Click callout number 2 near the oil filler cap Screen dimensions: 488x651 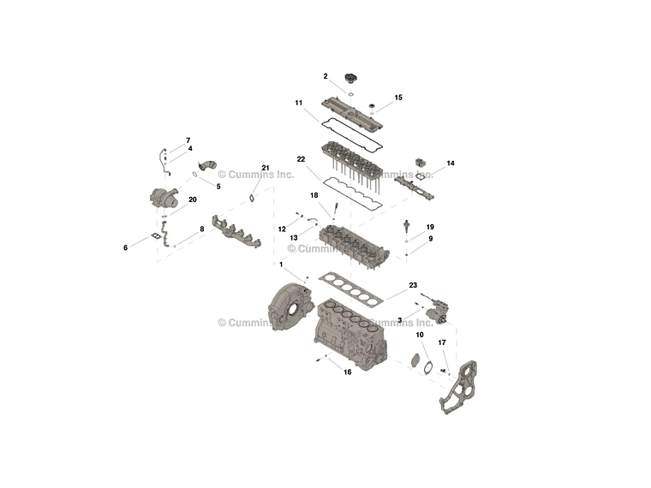325,76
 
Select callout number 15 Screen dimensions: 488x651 398,98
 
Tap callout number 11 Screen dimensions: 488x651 299,104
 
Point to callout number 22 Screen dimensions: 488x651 302,159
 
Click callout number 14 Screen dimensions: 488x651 451,163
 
